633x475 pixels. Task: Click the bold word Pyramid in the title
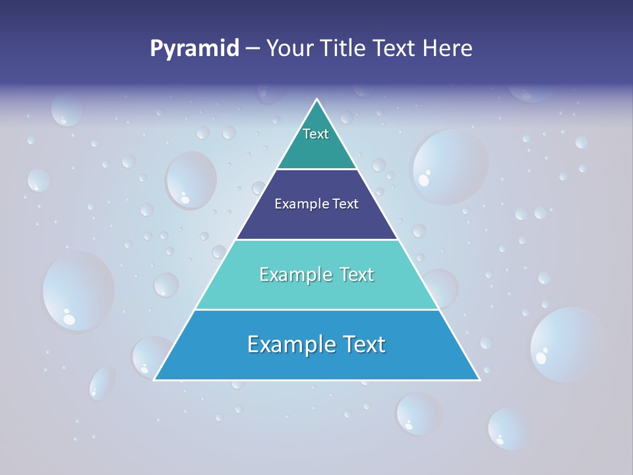195,49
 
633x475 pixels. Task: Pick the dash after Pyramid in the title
253,49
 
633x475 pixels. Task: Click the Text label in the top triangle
316,134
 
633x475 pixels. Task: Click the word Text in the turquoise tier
357,274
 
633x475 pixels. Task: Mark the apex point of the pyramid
316,100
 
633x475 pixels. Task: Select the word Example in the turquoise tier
293,274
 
